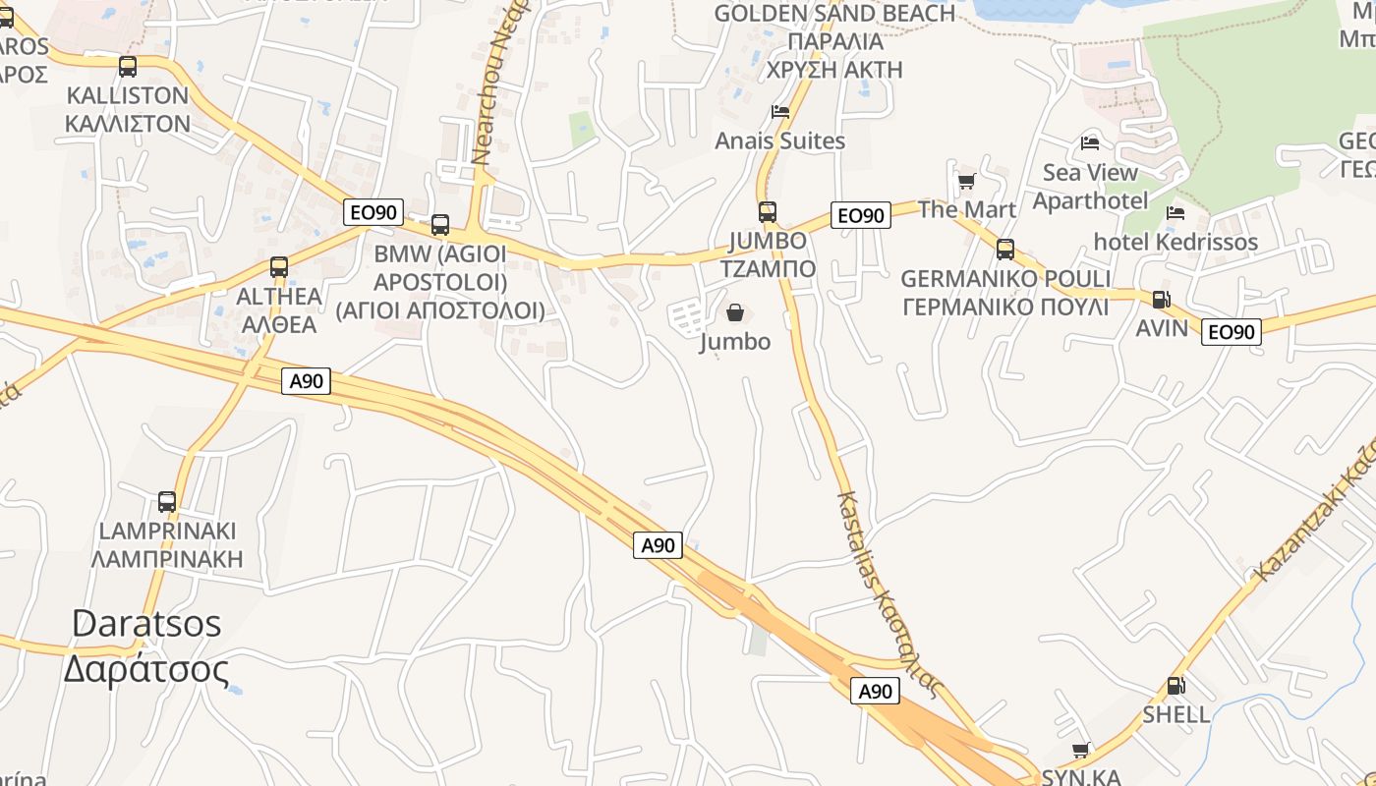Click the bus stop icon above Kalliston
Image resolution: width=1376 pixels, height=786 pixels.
pos(128,67)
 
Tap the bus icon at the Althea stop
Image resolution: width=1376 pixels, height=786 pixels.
pos(279,266)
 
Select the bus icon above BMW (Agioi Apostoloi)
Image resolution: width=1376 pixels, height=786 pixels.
pos(440,225)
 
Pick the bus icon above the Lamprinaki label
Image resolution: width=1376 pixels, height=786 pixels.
pos(167,502)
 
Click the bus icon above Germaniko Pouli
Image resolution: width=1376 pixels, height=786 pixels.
pos(1004,250)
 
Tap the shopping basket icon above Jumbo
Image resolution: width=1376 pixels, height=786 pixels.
pos(735,313)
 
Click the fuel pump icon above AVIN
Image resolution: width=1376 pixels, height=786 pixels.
pos(1161,300)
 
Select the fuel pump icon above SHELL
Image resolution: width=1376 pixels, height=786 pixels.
pos(1175,686)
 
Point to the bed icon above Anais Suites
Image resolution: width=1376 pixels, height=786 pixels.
pos(780,112)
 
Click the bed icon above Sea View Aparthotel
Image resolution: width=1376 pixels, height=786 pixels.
pos(1090,143)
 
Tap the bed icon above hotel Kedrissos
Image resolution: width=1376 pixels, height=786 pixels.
pos(1175,213)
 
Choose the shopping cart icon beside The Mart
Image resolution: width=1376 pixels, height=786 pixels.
pos(966,182)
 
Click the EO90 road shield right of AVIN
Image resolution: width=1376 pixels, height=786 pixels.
pos(1231,332)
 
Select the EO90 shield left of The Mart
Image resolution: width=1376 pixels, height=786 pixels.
pos(861,215)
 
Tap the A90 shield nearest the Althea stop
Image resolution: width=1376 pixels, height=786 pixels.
pos(307,381)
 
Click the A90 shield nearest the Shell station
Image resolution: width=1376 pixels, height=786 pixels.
pos(875,691)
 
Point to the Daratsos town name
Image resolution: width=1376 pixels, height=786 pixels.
pos(146,646)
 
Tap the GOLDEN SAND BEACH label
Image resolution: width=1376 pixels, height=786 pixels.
pos(835,14)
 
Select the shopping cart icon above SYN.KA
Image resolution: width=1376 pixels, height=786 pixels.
pos(1081,751)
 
